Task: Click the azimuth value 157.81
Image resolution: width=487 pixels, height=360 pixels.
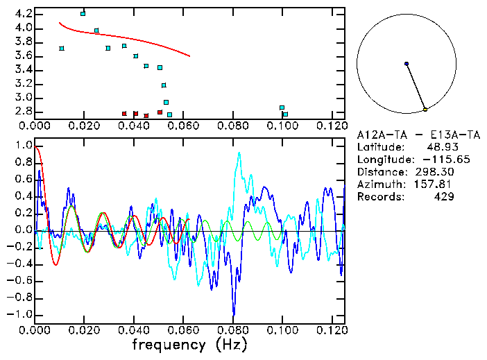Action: (x=434, y=185)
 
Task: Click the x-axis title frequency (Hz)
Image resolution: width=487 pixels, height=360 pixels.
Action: (x=189, y=345)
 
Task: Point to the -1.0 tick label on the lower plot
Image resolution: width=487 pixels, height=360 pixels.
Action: (x=21, y=314)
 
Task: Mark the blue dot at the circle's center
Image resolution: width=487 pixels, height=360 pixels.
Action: (x=407, y=64)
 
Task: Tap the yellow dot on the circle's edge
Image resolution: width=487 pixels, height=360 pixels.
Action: (x=425, y=110)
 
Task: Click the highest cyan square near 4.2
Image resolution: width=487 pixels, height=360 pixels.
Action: (x=83, y=13)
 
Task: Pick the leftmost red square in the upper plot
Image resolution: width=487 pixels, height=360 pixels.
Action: (x=124, y=113)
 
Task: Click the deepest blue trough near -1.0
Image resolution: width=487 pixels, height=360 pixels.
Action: (x=234, y=314)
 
